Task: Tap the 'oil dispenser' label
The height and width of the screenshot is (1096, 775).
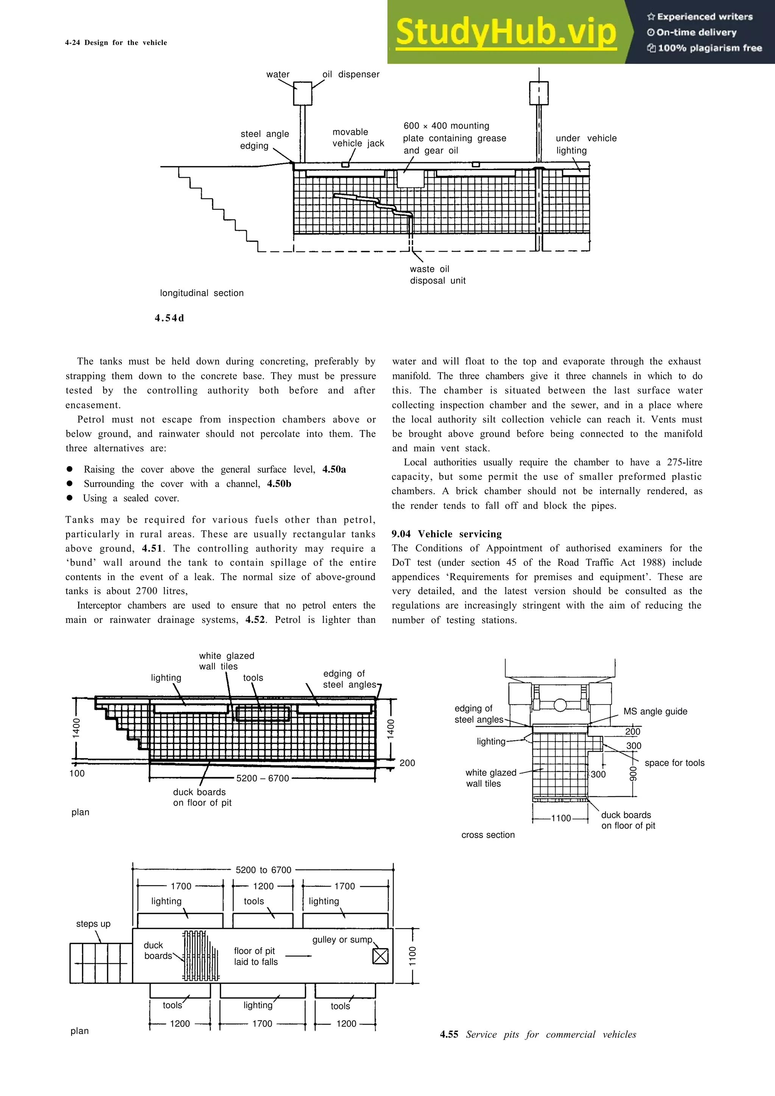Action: pos(351,75)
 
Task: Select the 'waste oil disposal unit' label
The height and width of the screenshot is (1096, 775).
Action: pos(437,275)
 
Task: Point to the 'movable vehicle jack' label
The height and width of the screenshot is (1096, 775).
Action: pos(358,138)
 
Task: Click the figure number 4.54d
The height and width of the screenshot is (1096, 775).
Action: pos(169,318)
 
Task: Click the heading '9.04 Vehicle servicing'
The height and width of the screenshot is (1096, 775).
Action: pos(447,534)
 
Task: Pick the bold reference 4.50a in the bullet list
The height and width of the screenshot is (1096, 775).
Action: pos(334,469)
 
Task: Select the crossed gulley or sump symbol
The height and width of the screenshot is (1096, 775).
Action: pos(380,956)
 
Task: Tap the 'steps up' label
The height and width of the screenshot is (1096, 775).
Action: pos(93,924)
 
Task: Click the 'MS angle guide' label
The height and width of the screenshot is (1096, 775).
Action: pos(655,711)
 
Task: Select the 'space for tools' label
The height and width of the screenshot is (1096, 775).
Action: pos(674,763)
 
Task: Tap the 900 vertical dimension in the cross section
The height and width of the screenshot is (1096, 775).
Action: pos(633,773)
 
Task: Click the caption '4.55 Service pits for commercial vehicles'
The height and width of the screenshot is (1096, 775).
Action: pos(538,1034)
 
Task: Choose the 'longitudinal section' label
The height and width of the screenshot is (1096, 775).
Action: pos(202,293)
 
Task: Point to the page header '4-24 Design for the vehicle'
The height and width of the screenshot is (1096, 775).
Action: pos(116,42)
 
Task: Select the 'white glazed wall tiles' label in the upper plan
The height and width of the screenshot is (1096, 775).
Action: pos(226,661)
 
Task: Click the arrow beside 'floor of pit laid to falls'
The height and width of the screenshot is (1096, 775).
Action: pos(299,956)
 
